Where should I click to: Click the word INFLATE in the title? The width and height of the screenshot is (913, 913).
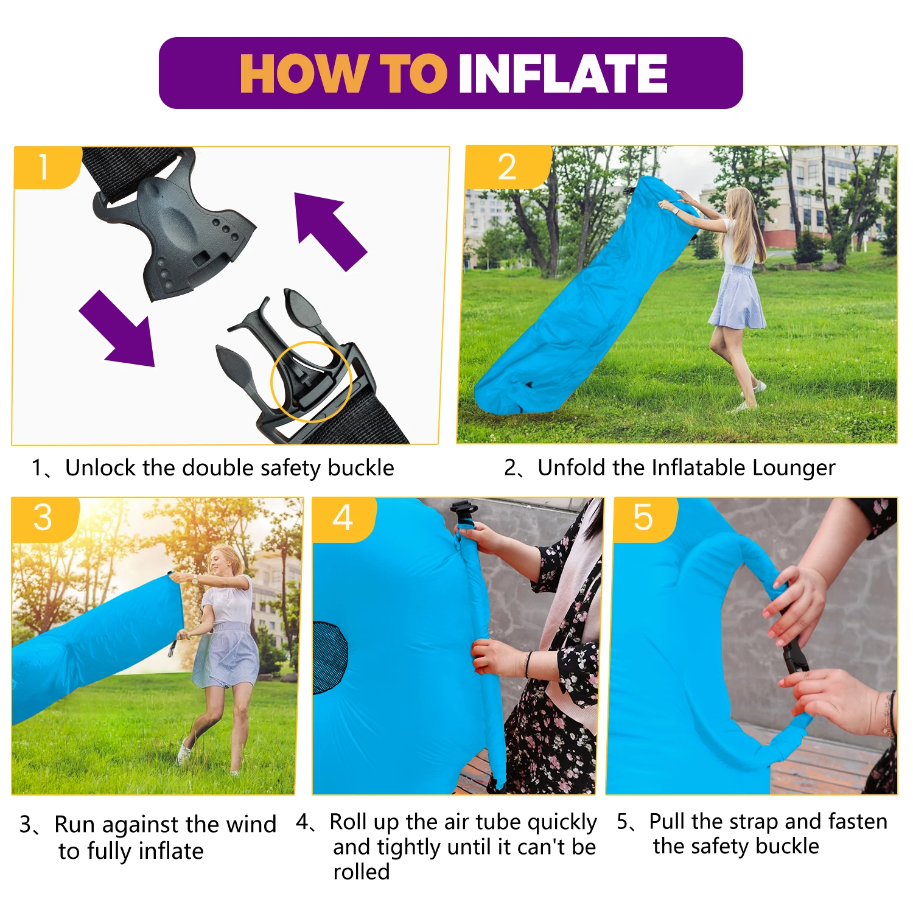tap(563, 73)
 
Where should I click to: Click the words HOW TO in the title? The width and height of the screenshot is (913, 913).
tap(343, 73)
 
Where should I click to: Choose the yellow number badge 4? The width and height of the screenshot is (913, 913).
tap(344, 519)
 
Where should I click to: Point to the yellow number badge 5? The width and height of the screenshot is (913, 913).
tap(645, 519)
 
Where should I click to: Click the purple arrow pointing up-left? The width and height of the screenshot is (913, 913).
tap(329, 229)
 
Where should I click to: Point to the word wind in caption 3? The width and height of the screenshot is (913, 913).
tap(251, 824)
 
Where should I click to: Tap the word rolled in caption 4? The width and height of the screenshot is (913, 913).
tap(362, 872)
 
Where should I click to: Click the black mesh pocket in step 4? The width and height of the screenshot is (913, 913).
tap(330, 658)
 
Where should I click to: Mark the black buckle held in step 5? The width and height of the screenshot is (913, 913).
tap(795, 658)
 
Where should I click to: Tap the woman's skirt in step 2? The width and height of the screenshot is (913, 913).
tap(736, 298)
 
